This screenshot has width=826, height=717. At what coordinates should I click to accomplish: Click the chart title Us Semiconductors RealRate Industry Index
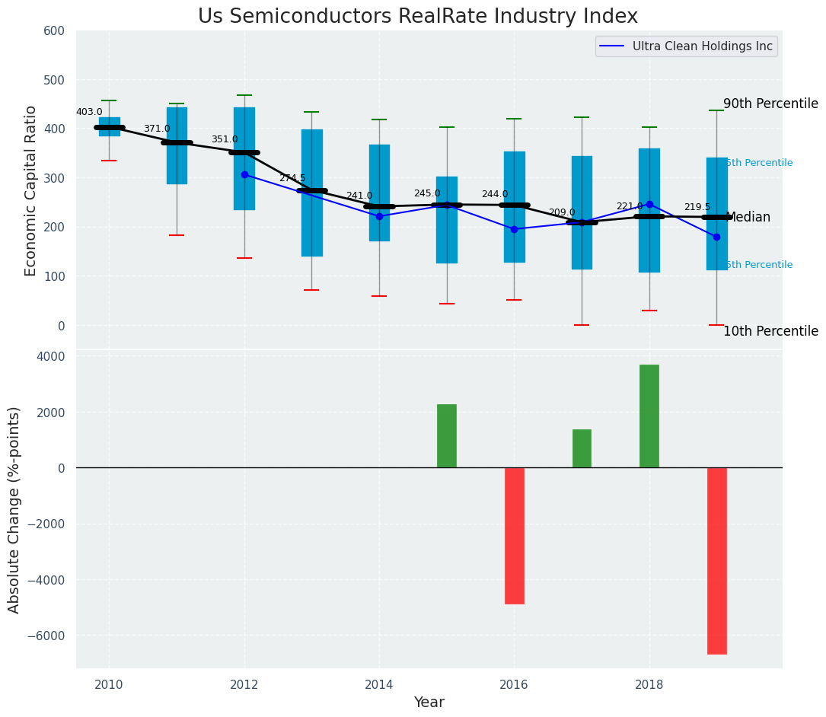coord(417,17)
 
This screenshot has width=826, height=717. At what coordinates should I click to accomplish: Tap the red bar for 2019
coord(716,560)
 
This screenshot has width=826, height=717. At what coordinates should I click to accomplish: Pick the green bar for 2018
coord(649,416)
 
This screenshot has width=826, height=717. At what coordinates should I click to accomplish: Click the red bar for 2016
coord(514,535)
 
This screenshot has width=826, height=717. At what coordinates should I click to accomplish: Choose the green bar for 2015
coord(446,436)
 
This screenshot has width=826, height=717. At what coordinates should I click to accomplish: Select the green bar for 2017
coord(582,448)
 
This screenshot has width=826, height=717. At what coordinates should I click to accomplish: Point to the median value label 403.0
coord(89,112)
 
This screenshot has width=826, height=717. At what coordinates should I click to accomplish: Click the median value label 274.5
coord(292,178)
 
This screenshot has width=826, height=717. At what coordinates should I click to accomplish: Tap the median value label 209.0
coord(562,212)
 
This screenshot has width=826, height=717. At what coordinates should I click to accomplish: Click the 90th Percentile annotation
coord(770,104)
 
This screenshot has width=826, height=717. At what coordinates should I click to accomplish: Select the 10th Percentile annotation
coord(770,331)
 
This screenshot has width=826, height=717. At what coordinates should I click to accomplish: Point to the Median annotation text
coord(748,218)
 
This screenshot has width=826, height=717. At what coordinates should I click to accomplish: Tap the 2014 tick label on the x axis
coord(379,684)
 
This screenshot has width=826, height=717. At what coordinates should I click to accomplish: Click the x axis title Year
coord(429,703)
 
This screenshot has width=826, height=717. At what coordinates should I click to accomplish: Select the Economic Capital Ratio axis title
coord(31,190)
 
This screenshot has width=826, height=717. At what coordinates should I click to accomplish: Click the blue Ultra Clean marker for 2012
coord(244,175)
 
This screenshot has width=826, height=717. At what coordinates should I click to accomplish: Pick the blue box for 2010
coord(109,126)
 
